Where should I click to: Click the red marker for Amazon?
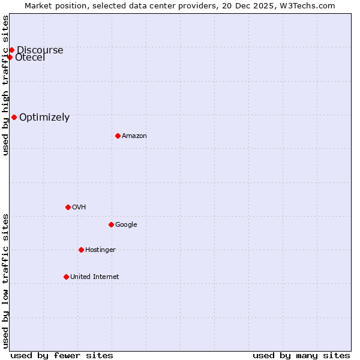(x=118, y=136)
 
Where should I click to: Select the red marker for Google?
(x=111, y=224)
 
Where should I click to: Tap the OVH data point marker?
(x=68, y=207)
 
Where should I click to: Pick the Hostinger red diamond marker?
(x=81, y=250)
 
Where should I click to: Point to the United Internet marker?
(x=66, y=277)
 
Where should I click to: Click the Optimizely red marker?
(x=14, y=117)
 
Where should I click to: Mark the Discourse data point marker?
(x=11, y=50)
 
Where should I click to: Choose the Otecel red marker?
(x=10, y=57)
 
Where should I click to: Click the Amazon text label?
(x=134, y=136)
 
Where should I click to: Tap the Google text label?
(x=126, y=225)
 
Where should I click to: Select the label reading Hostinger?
(x=100, y=250)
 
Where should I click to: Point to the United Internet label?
(x=95, y=277)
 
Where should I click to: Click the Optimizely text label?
(x=44, y=118)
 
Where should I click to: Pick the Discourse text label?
(x=40, y=50)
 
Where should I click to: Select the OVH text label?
(x=79, y=208)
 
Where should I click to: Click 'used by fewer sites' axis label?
(x=62, y=356)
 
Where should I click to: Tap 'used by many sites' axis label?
(x=301, y=356)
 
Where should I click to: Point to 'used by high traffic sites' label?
(x=5, y=85)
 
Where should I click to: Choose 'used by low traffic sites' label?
(x=5, y=280)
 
